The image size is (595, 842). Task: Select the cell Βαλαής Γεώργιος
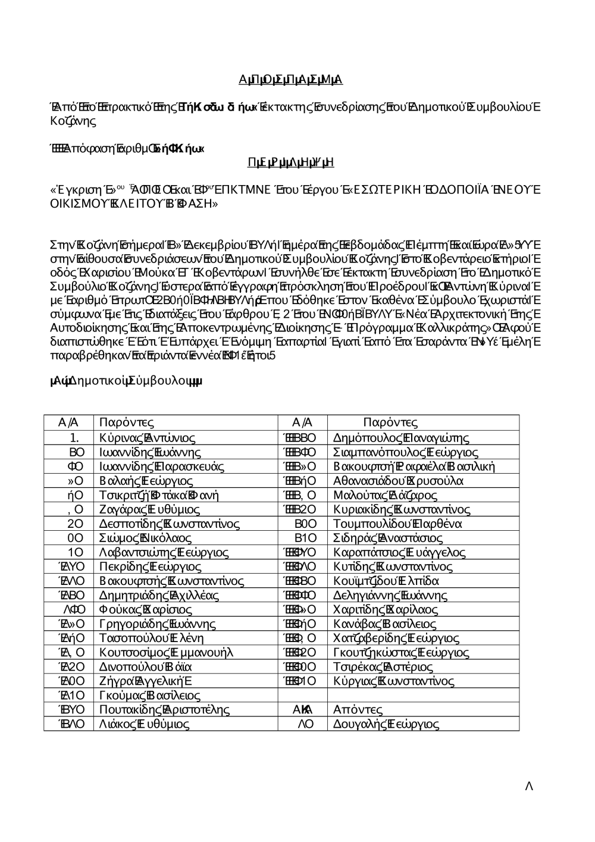[146, 481]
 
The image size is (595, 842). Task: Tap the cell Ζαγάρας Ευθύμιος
[150, 509]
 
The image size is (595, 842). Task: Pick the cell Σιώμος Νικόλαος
[146, 538]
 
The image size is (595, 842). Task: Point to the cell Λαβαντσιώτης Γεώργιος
[164, 553]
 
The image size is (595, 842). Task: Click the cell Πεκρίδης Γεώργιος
[151, 566]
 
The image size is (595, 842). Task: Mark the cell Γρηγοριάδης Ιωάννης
[158, 624]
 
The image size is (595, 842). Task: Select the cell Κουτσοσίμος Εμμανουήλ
[166, 653]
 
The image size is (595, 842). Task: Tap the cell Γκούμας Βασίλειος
[150, 696]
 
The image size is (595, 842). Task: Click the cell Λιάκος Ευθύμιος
[145, 724]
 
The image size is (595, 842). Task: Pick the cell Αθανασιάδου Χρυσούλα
[399, 481]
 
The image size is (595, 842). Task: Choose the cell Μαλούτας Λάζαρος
[386, 495]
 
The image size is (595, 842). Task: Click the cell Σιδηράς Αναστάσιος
[388, 538]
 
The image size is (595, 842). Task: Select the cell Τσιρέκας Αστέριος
[383, 666]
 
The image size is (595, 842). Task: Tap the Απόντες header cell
[358, 710]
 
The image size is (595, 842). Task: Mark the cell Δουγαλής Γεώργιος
[386, 724]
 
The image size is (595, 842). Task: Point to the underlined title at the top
[290, 80]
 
